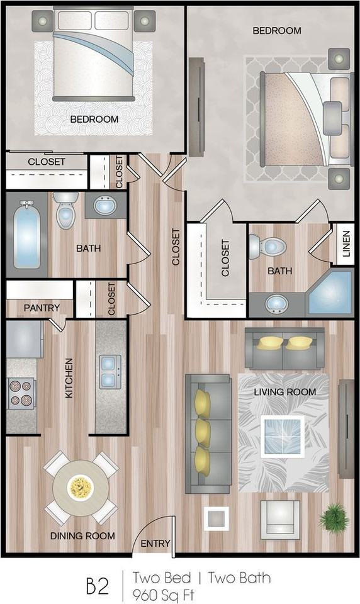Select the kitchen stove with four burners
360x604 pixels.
tap(21, 393)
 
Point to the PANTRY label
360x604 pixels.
tap(42, 308)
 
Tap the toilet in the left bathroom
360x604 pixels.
tap(65, 211)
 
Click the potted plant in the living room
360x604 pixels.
tap(334, 518)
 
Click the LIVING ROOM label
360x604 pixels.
tap(285, 392)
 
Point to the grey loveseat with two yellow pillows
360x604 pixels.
tap(284, 349)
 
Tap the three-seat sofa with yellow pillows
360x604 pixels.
tap(207, 433)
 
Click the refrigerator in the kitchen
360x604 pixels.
tap(24, 339)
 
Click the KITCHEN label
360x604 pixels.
tap(69, 378)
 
